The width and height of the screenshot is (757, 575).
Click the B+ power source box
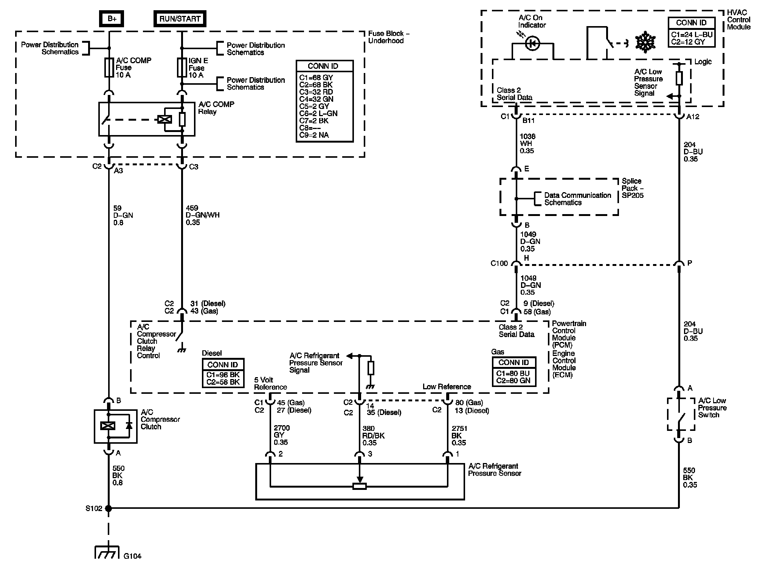click(x=112, y=19)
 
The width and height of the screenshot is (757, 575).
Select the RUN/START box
click(x=180, y=19)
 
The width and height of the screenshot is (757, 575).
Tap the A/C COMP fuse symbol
click(x=109, y=68)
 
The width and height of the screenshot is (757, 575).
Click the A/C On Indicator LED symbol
click(x=532, y=44)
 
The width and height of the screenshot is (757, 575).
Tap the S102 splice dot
click(x=109, y=508)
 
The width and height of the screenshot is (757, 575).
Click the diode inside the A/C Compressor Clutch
click(x=129, y=426)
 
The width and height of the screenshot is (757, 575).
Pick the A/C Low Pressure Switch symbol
click(x=681, y=414)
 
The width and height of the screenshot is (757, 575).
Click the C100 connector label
click(x=499, y=263)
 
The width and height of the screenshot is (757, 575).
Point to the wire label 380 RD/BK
click(x=374, y=435)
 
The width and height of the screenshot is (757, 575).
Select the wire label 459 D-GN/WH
click(x=202, y=215)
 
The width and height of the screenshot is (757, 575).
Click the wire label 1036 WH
click(x=527, y=143)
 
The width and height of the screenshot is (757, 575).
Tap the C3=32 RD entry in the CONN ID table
click(x=316, y=92)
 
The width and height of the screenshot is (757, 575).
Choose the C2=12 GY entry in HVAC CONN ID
click(x=688, y=42)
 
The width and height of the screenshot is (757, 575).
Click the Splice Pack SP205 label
click(x=633, y=188)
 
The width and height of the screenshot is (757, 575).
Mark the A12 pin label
click(x=693, y=117)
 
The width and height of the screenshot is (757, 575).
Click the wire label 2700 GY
click(x=282, y=435)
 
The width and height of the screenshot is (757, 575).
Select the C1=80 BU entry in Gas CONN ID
click(x=513, y=373)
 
